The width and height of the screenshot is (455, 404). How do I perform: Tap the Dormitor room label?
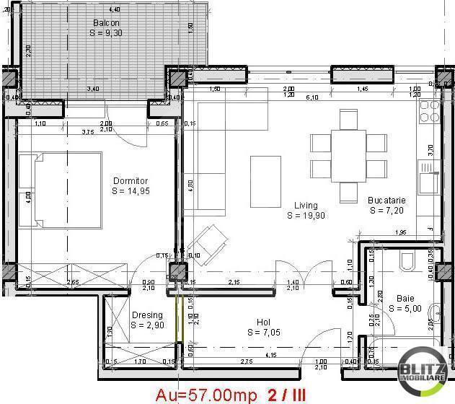pos(130,181)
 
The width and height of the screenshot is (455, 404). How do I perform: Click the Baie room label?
pos(405,297)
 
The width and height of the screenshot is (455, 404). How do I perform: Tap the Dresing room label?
pos(147,315)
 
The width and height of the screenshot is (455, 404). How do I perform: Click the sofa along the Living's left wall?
pos(206,155)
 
